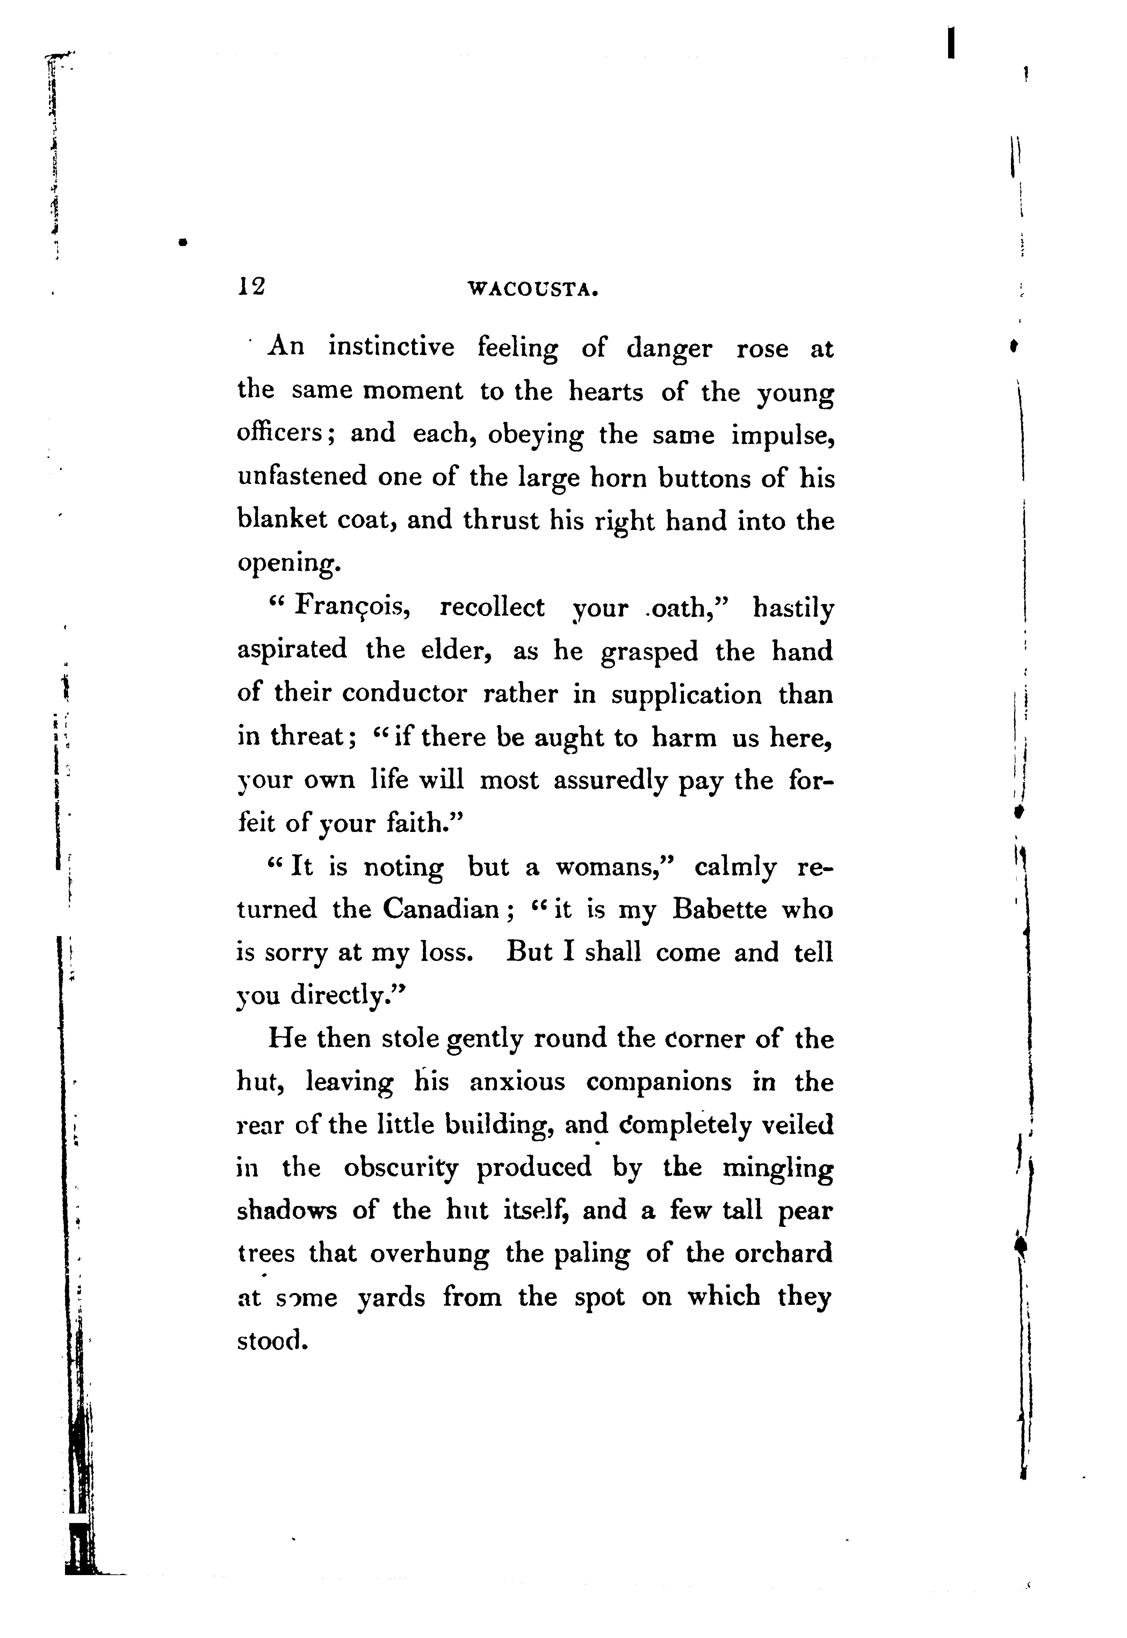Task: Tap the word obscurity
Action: point(400,1168)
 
